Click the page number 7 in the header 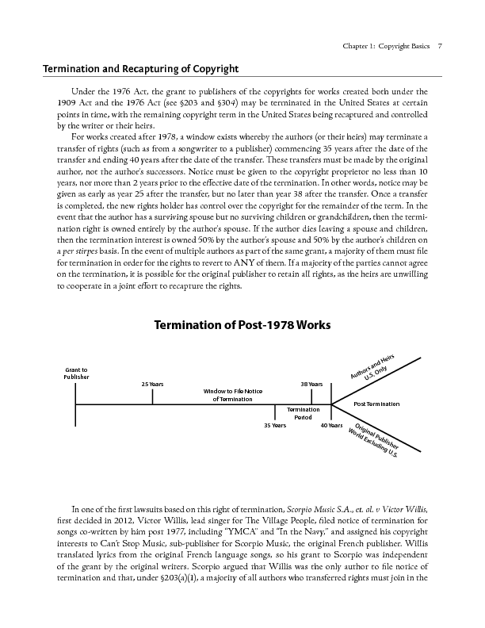click(440, 46)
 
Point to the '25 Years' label click(152, 384)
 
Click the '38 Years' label click(311, 384)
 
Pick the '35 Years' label click(274, 426)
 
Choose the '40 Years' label click(331, 426)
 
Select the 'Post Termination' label click(376, 404)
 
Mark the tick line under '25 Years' click(152, 396)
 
